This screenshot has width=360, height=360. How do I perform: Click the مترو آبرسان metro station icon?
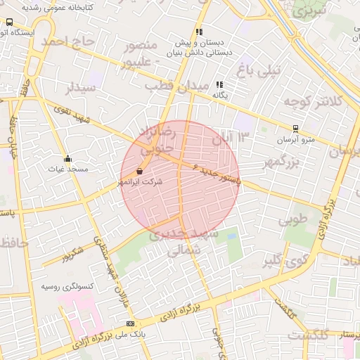coord(296,129)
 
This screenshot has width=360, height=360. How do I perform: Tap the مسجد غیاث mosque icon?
coord(67,158)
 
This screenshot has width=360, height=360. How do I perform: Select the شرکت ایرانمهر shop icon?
coord(139,171)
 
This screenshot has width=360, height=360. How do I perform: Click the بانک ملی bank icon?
coord(129,323)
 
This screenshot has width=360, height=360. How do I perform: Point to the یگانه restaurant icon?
coord(219,84)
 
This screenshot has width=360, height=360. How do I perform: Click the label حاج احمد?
coord(67,42)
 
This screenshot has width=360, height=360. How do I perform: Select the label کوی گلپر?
coord(285,262)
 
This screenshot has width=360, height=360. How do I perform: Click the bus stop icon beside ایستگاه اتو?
coord(8,22)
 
